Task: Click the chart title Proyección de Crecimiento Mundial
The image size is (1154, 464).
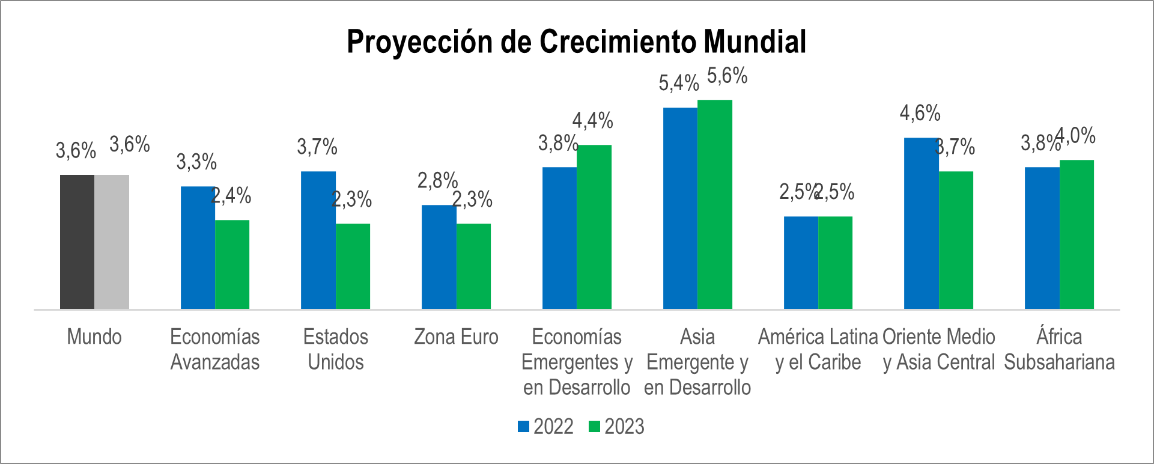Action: (576, 42)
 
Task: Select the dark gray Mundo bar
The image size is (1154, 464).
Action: (77, 242)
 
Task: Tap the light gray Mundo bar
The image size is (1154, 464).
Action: (112, 242)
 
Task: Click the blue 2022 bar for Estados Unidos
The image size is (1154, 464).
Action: (318, 240)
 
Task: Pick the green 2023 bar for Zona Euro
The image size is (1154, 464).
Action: (473, 266)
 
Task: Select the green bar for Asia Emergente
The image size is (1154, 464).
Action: (715, 204)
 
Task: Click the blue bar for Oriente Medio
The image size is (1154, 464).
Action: (921, 224)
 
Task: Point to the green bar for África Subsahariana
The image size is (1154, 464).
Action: (1077, 234)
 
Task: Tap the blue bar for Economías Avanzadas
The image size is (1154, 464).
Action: (198, 248)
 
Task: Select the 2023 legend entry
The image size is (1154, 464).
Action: (616, 427)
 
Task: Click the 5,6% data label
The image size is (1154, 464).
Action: (727, 76)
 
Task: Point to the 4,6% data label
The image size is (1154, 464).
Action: (920, 113)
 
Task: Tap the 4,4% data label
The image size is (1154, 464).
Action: (592, 121)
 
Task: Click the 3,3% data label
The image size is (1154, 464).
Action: (196, 162)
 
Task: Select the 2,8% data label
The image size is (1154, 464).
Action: (437, 180)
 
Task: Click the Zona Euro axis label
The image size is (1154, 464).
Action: (456, 337)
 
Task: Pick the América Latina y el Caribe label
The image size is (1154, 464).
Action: (818, 350)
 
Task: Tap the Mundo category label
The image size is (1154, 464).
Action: (94, 337)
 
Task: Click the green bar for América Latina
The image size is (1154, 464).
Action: (835, 263)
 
